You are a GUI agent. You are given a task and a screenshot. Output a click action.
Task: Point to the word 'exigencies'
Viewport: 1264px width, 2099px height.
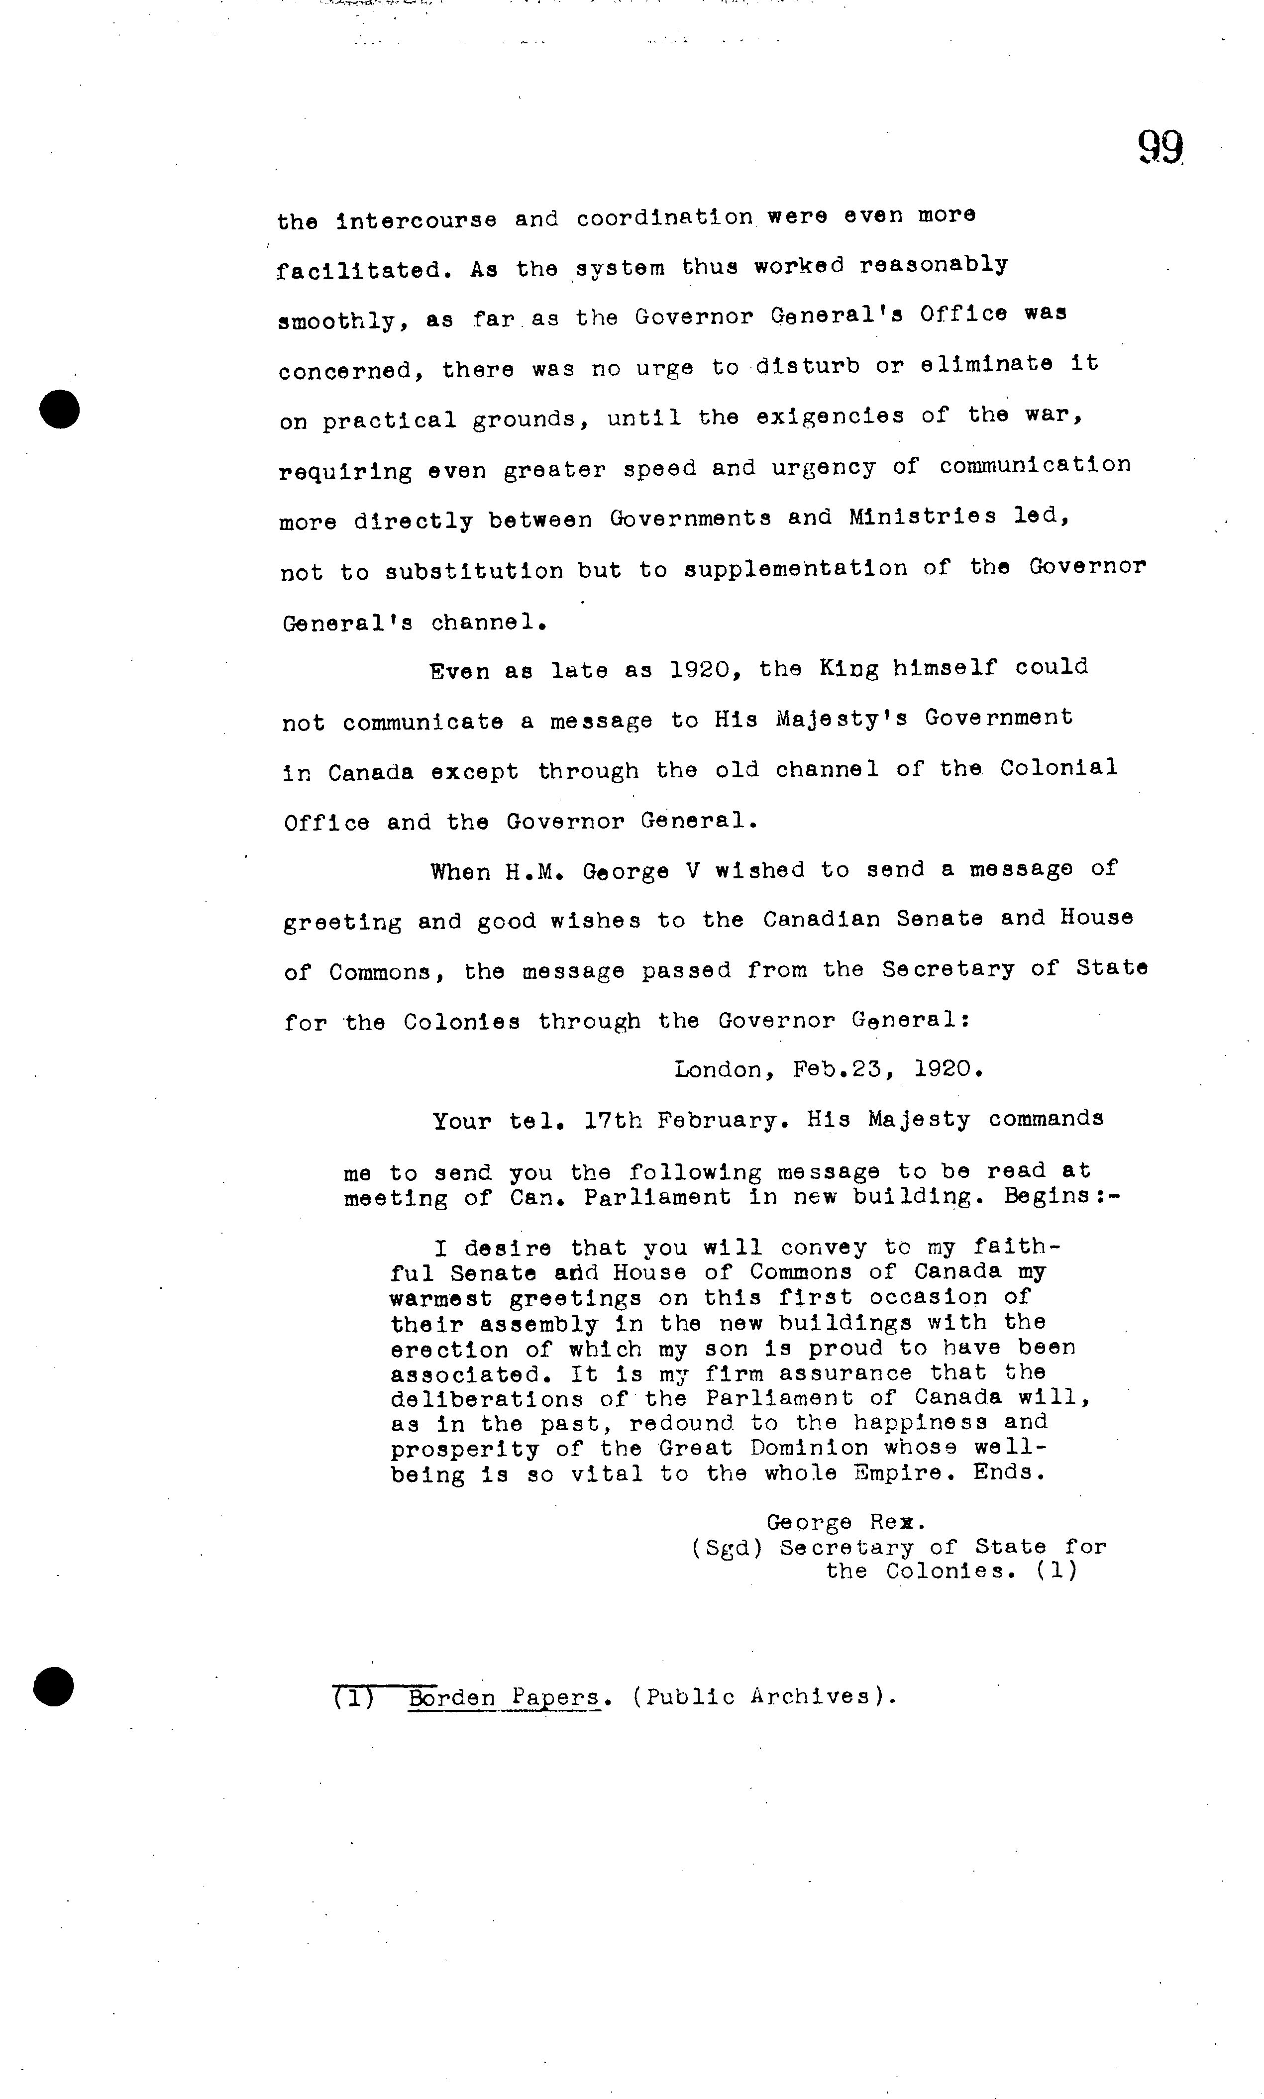point(830,417)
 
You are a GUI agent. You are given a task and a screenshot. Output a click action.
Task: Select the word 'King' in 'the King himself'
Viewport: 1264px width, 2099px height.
point(848,668)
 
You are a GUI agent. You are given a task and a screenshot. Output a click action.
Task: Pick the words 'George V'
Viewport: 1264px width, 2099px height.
point(640,872)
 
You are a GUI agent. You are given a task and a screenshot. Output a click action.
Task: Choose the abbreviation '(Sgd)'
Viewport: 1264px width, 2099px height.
point(727,1547)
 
